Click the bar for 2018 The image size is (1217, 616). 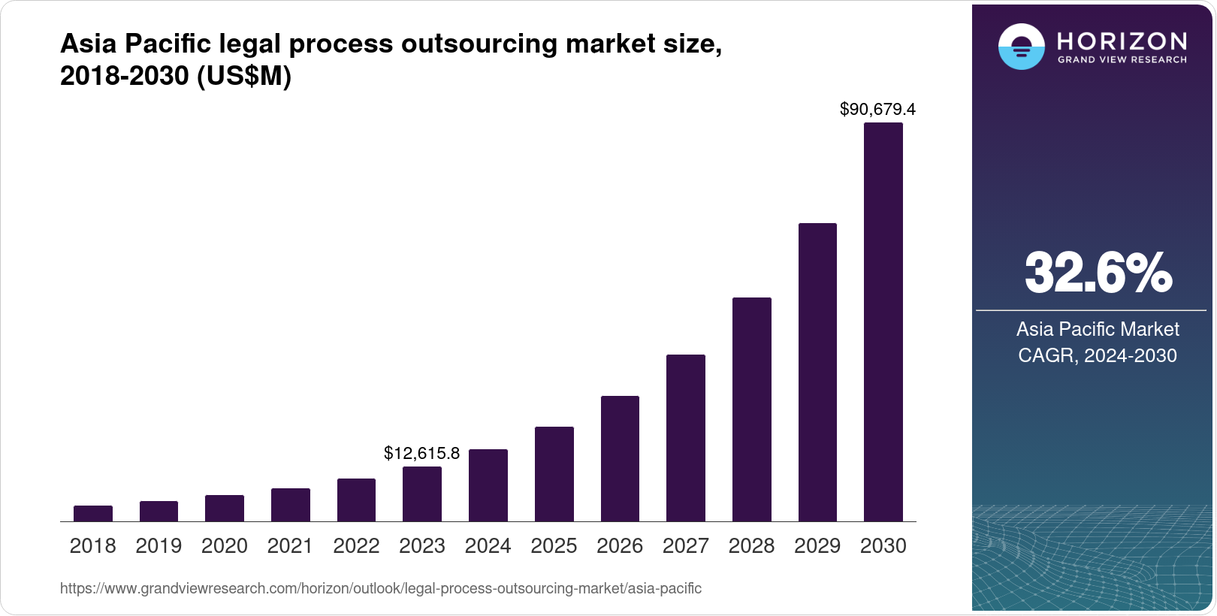pos(93,513)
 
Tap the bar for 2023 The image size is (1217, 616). pos(422,494)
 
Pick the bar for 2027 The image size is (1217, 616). pos(685,438)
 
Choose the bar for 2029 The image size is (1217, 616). pos(817,372)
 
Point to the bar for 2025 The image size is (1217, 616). pos(554,474)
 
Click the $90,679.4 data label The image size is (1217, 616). pos(877,110)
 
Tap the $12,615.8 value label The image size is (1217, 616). pos(421,453)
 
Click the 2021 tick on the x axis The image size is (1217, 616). pos(290,546)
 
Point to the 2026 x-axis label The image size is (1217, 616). pos(620,546)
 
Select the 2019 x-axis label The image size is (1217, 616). pos(159,546)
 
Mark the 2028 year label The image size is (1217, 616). pos(751,546)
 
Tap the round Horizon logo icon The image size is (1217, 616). pos(1021,47)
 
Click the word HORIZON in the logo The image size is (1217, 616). pos(1122,41)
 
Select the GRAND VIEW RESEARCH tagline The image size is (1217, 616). pos(1122,60)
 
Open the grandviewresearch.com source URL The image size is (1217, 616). pos(380,589)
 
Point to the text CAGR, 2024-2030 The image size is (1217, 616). pos(1097,355)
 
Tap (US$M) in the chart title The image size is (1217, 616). pos(243,77)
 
